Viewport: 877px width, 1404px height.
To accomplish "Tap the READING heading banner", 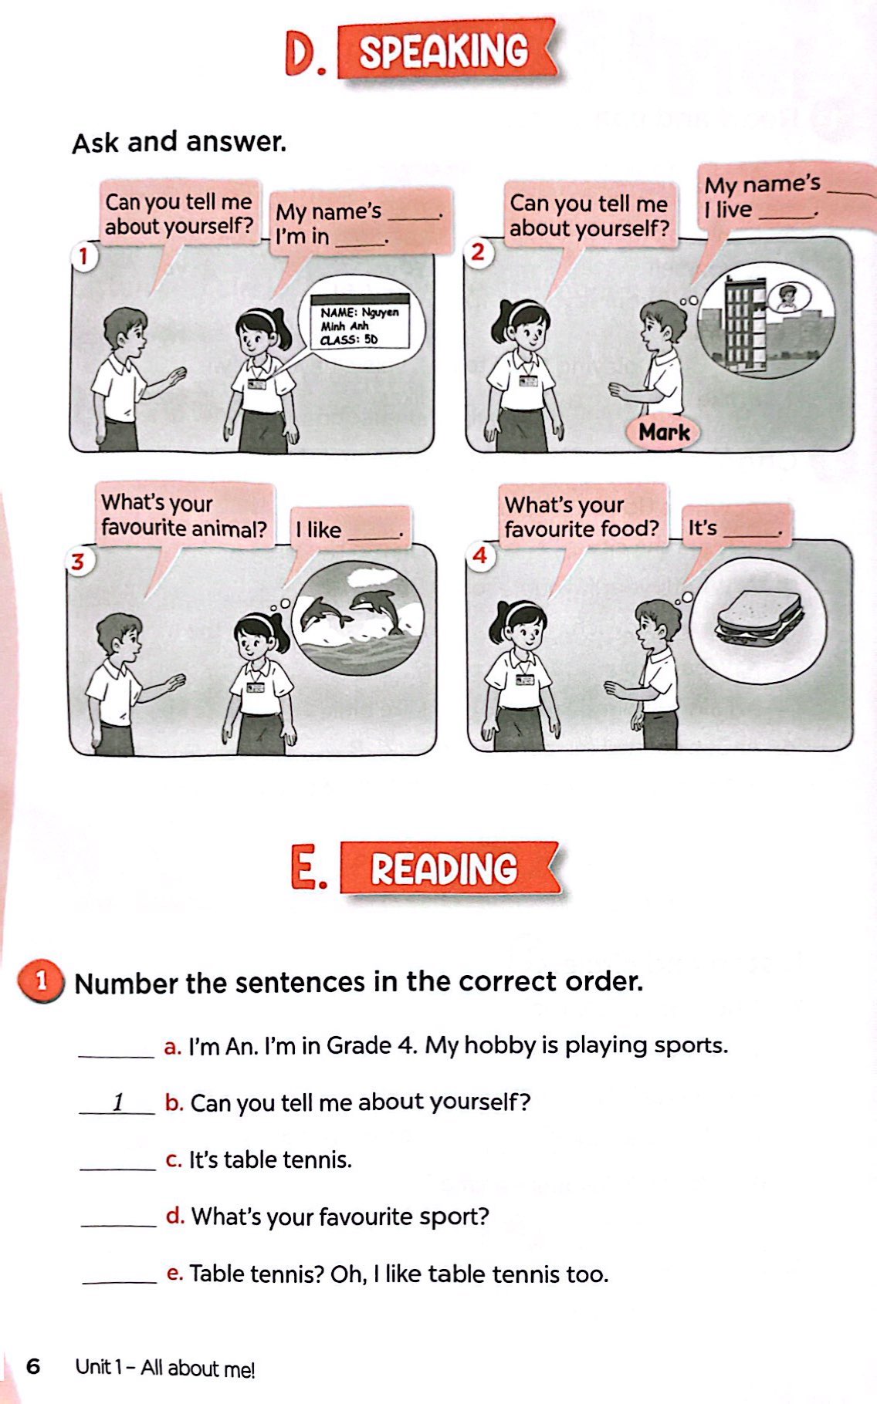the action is tap(450, 868).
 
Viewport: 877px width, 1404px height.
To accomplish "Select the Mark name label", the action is tap(664, 432).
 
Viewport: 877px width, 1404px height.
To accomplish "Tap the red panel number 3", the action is tap(77, 562).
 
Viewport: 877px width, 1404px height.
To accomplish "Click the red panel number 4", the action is tap(480, 555).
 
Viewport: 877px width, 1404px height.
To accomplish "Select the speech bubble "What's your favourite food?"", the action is tap(583, 517).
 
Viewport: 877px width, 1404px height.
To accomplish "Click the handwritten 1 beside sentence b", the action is tap(118, 1102).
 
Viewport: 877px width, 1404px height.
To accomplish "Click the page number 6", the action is tap(33, 1366).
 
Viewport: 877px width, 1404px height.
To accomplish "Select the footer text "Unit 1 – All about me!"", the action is tap(164, 1368).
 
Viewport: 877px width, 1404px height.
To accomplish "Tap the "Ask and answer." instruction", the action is tap(179, 142).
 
